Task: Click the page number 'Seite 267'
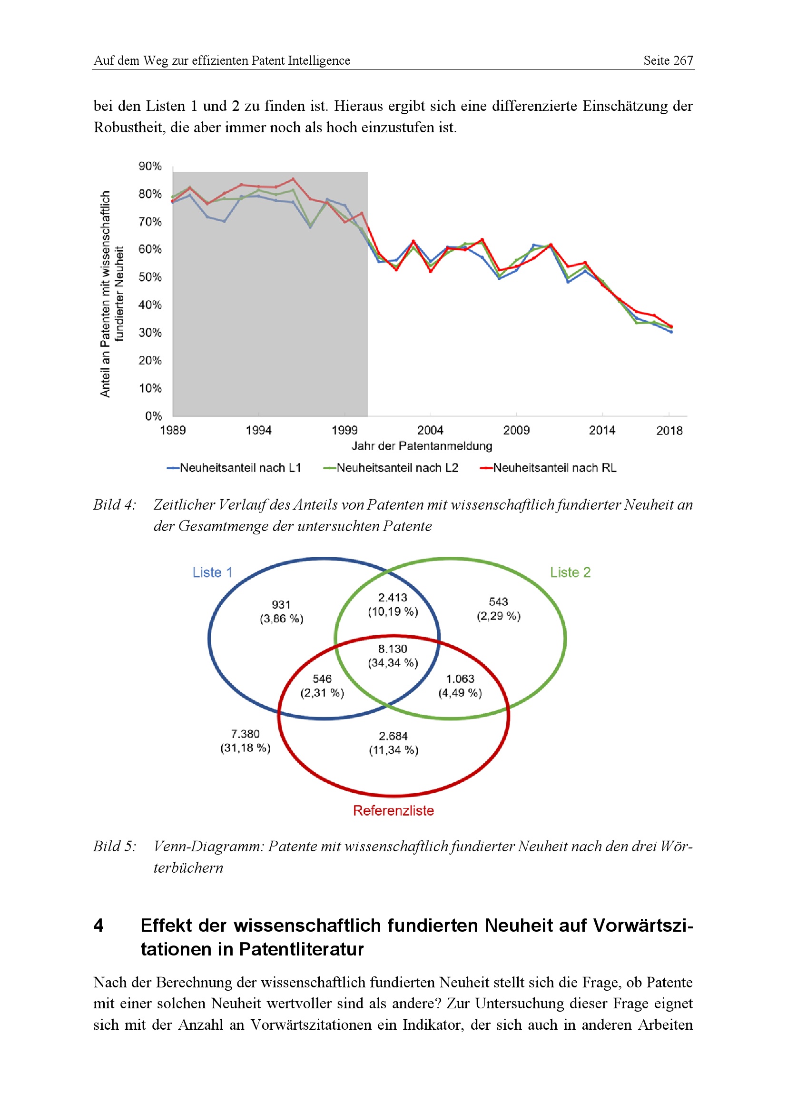(x=668, y=60)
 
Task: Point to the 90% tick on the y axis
(x=150, y=166)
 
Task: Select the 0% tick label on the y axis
(x=154, y=416)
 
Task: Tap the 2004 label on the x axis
(x=430, y=431)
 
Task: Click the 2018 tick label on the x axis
(x=669, y=431)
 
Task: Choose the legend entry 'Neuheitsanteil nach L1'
(x=234, y=468)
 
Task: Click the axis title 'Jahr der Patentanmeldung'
(x=422, y=446)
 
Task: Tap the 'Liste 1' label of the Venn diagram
(x=212, y=572)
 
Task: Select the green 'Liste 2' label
(x=570, y=572)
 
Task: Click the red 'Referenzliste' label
(x=393, y=810)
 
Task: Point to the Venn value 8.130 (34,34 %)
(x=393, y=656)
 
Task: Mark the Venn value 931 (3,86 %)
(x=281, y=612)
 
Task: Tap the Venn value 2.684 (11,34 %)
(x=393, y=743)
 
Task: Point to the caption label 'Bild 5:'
(x=114, y=847)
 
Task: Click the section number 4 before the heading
(x=98, y=926)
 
